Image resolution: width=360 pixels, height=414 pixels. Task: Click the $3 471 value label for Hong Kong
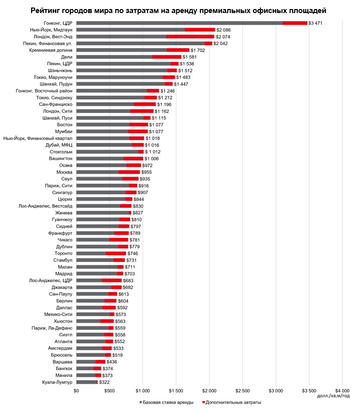(x=316, y=23)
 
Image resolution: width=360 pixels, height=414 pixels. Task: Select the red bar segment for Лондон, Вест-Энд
(x=190, y=37)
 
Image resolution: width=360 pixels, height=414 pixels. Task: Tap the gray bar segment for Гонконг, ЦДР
(x=179, y=23)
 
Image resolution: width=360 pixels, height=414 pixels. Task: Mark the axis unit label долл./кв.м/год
(x=334, y=396)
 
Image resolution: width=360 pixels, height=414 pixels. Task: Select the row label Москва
(x=65, y=172)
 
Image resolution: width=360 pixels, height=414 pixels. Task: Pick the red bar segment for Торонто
(x=116, y=253)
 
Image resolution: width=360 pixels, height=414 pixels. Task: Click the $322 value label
(x=104, y=382)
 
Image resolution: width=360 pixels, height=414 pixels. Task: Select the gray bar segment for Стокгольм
(x=107, y=151)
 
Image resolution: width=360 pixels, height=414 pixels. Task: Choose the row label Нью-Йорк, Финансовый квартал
(x=38, y=138)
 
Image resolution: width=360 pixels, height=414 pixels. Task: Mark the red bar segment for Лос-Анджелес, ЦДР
(x=111, y=281)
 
